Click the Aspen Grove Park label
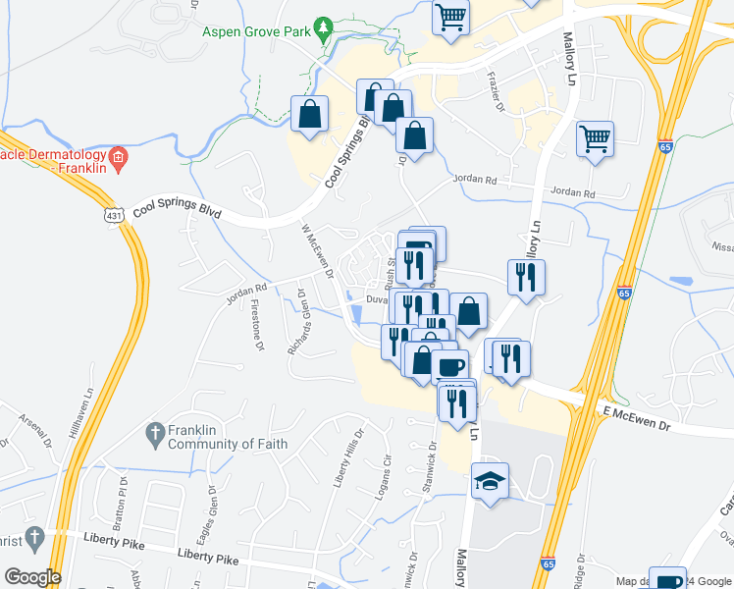pos(257,30)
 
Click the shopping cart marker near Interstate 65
pos(595,139)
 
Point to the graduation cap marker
pos(490,481)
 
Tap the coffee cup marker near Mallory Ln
pos(450,367)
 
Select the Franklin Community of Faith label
pos(227,436)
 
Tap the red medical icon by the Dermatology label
pos(118,157)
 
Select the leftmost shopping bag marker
pos(310,113)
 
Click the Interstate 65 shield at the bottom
pos(550,564)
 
